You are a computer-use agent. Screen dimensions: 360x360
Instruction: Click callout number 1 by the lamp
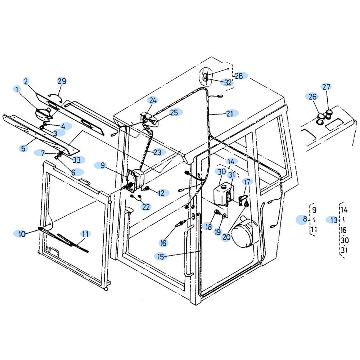(17, 89)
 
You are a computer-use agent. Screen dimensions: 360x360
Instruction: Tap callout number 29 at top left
(62, 81)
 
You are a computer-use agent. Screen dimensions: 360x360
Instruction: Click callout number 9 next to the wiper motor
(103, 166)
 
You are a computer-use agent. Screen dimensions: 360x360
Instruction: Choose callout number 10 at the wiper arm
(22, 234)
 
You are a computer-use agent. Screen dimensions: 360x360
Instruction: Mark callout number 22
(146, 207)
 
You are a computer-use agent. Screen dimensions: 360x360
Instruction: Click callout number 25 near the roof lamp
(174, 113)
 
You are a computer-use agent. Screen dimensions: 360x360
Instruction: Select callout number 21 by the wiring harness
(230, 114)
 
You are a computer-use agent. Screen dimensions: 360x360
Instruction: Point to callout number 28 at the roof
(239, 76)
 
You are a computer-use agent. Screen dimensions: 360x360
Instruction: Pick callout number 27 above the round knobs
(326, 87)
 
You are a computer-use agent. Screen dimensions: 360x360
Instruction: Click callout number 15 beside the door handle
(161, 256)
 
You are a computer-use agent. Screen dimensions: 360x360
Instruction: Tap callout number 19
(217, 232)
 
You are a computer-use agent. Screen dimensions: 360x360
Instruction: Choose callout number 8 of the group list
(305, 219)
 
